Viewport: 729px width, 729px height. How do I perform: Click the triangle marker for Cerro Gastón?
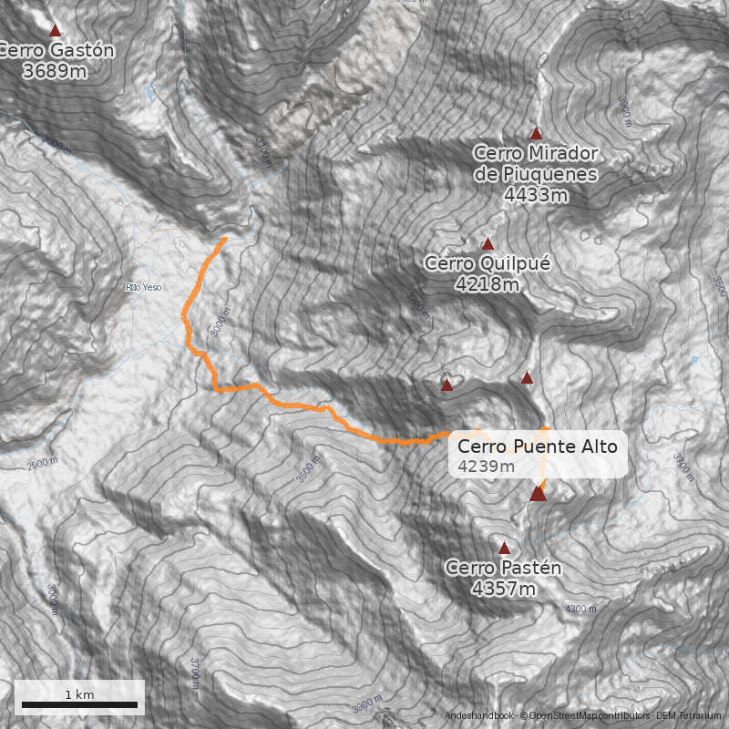pos(55,31)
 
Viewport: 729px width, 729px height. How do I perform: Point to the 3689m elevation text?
pos(55,70)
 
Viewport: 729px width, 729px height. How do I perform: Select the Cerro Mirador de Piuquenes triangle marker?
pos(536,134)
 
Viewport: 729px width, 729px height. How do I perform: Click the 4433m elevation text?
pos(536,194)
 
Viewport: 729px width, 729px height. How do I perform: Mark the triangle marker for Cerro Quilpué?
pos(488,244)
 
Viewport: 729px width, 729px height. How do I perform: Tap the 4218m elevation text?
pos(487,284)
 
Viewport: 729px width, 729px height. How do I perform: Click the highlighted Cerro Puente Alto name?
pos(537,447)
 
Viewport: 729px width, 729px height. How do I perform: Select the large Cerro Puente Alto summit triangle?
pos(538,494)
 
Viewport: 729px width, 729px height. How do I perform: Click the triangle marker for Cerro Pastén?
pos(504,549)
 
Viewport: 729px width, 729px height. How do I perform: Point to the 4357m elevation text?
pos(503,589)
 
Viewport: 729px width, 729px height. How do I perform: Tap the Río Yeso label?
pos(144,288)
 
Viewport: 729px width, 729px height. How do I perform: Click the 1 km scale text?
pos(79,694)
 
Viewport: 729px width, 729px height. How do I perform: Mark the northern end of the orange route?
pos(225,239)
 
